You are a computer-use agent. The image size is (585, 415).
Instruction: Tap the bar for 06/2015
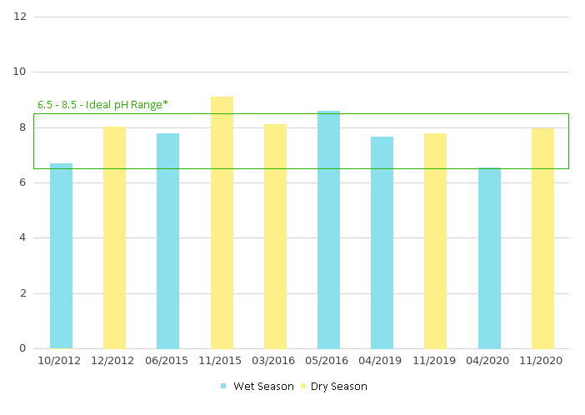click(167, 241)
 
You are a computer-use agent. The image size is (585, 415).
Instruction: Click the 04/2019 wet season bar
click(382, 242)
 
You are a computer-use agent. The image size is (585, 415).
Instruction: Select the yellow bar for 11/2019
click(435, 241)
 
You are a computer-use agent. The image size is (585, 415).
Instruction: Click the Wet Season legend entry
click(257, 387)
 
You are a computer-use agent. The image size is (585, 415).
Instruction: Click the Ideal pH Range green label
click(102, 104)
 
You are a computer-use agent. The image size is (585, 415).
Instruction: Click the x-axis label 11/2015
click(222, 361)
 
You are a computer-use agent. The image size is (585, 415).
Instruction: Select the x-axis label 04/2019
click(382, 361)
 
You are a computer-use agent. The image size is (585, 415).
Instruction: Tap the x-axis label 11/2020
click(542, 361)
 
